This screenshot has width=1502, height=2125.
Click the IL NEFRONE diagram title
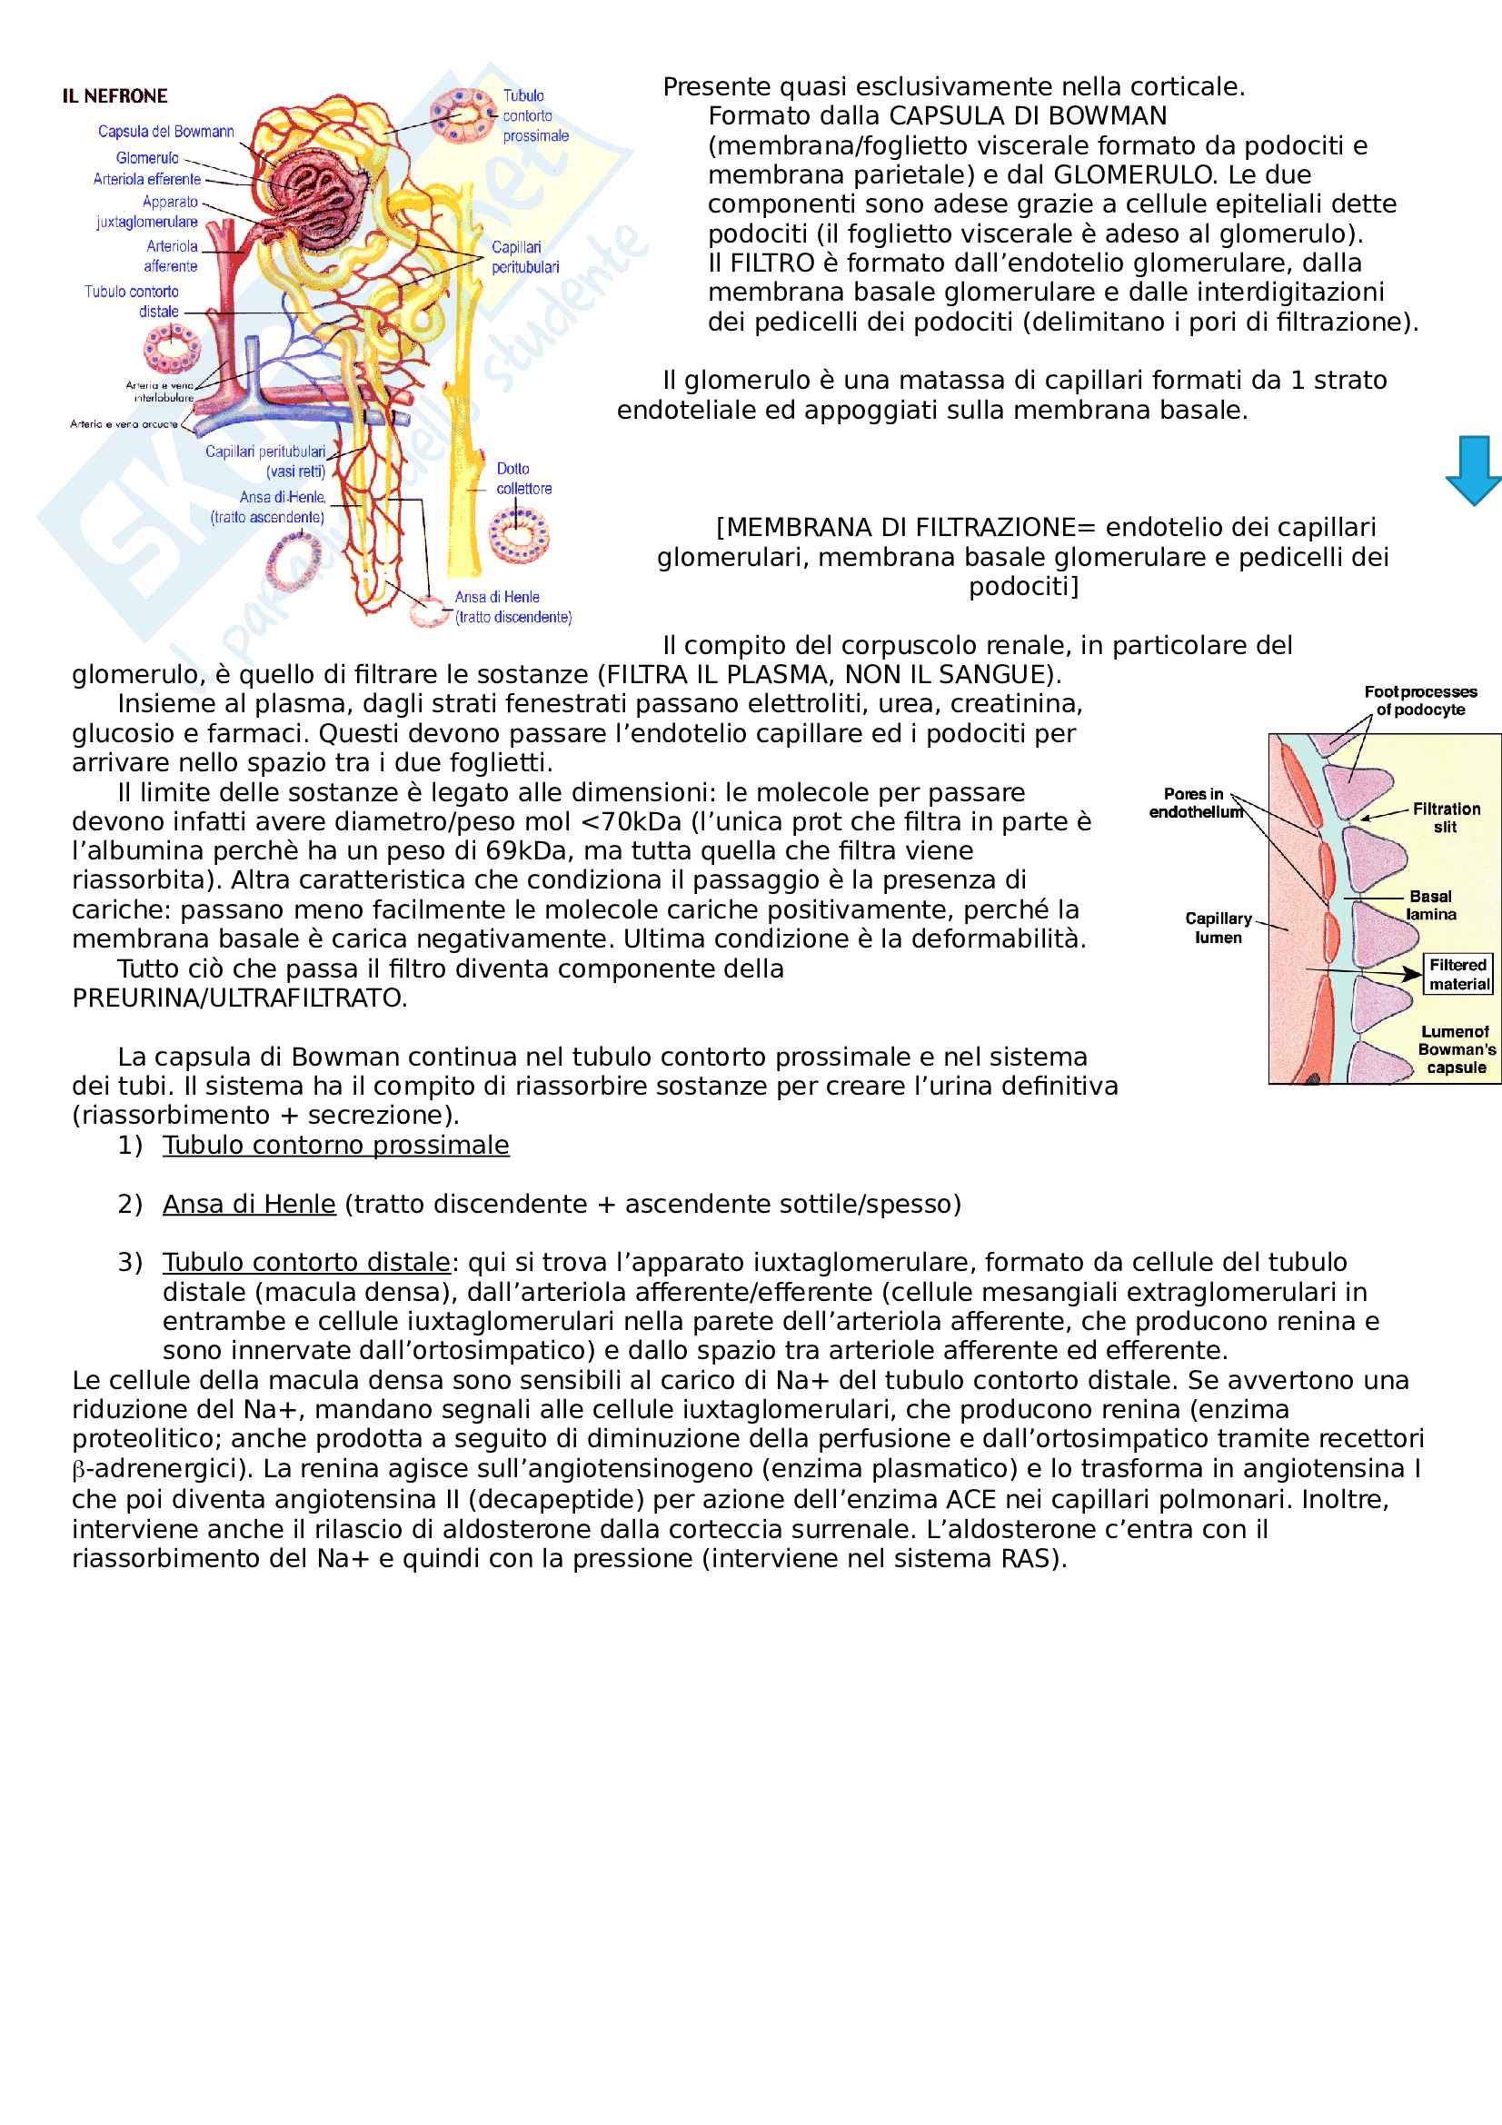[114, 96]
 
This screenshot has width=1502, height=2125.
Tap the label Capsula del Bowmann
[165, 132]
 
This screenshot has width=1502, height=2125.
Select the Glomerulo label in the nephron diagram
[147, 158]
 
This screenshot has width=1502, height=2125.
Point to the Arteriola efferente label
[146, 180]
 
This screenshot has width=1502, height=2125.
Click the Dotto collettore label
[522, 479]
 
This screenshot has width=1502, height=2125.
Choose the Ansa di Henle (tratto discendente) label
[512, 607]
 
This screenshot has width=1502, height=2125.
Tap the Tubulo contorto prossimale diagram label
[535, 115]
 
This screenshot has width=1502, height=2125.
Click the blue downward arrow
[1472, 471]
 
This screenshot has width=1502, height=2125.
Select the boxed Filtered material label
[1457, 975]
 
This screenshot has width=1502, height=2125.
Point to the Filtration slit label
[1446, 818]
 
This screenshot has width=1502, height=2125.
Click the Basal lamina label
[1431, 905]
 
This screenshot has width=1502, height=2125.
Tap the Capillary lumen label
[1218, 928]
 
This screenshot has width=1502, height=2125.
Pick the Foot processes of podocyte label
[1420, 700]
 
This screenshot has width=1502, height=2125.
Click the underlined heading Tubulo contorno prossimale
[336, 1146]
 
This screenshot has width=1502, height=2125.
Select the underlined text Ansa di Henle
[249, 1204]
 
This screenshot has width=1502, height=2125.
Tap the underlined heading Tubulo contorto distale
[306, 1263]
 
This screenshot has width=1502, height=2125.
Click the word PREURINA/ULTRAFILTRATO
[240, 998]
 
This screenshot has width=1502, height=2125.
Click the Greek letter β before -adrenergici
[78, 1470]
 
